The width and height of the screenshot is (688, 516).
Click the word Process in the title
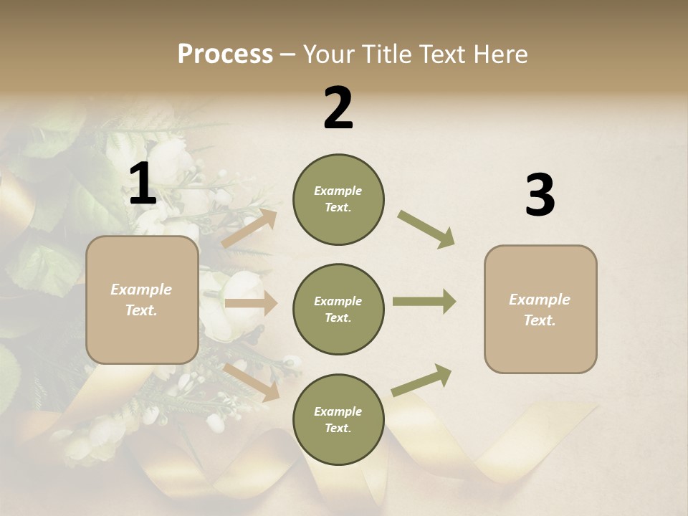point(225,54)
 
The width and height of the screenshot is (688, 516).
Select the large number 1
point(143,185)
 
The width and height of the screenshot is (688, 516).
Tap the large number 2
point(338,108)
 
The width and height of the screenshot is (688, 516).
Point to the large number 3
point(540,196)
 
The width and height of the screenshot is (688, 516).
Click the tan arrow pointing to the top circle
point(249,228)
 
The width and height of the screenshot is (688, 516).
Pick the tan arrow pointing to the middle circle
point(251,304)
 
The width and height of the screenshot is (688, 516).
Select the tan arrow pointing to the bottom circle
point(252,381)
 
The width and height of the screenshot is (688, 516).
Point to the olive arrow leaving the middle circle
point(424,302)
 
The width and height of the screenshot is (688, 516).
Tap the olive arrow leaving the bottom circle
point(422,380)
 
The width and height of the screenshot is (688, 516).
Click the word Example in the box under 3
point(540,300)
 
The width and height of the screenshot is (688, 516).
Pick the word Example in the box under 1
point(141,290)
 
